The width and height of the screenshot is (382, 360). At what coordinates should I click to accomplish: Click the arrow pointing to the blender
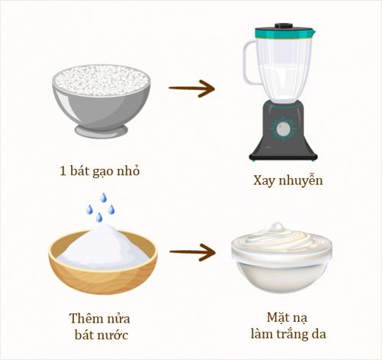pos(191,89)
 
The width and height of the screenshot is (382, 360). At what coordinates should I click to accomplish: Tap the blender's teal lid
pos(283,33)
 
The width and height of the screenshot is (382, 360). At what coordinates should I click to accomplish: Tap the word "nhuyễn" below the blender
pos(299,182)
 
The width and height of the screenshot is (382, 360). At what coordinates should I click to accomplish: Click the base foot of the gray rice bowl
pos(101,131)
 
